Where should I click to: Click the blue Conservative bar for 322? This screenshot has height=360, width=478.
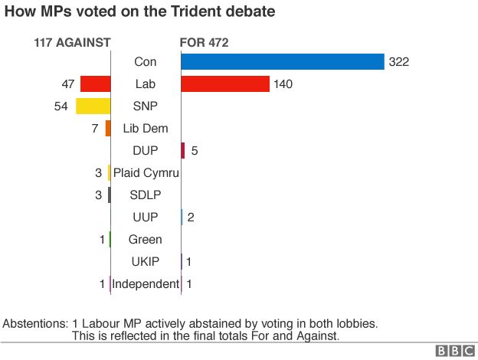tap(283, 61)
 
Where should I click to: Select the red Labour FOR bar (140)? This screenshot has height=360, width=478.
tap(225, 83)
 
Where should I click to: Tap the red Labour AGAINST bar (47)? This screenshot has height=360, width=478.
tap(96, 83)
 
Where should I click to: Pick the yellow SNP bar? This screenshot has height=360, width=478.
tap(93, 106)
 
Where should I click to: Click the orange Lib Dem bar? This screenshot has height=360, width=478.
tap(108, 129)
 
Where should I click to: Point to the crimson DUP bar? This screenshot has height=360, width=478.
tap(183, 151)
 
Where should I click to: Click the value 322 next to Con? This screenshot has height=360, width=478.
tap(399, 62)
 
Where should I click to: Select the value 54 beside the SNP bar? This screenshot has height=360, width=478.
tap(61, 106)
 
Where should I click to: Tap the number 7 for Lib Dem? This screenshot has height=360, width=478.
tap(95, 129)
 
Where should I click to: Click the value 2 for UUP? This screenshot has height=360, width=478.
tap(191, 218)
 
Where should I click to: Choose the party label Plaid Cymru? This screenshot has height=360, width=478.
tap(146, 173)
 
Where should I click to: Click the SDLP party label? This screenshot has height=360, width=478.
tap(146, 195)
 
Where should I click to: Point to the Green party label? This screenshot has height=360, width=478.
tap(145, 240)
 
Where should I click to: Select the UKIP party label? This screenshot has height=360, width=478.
tap(146, 262)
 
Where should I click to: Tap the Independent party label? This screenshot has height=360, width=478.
tap(146, 284)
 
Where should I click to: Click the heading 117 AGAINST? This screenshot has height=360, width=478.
tap(72, 43)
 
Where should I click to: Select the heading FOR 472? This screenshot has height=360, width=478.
tap(204, 43)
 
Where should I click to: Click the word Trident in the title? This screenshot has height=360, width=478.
tap(196, 11)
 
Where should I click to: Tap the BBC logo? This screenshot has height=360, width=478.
tap(455, 351)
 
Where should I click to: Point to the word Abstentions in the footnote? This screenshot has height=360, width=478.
tap(35, 324)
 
